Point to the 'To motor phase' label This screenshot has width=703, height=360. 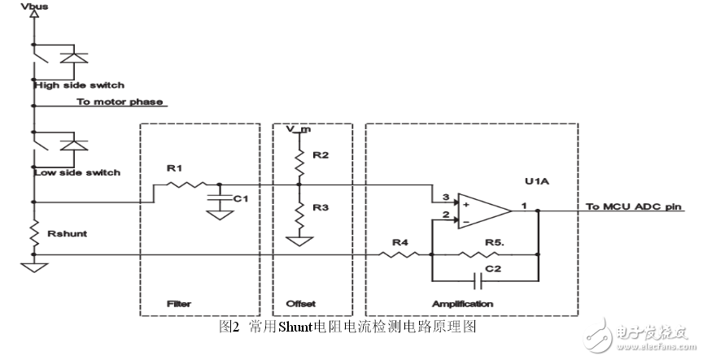pyautogui.click(x=120, y=102)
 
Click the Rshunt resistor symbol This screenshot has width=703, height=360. pyautogui.click(x=33, y=235)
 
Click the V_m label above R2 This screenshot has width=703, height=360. pyautogui.click(x=298, y=130)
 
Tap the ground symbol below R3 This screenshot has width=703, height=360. pyautogui.click(x=299, y=241)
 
